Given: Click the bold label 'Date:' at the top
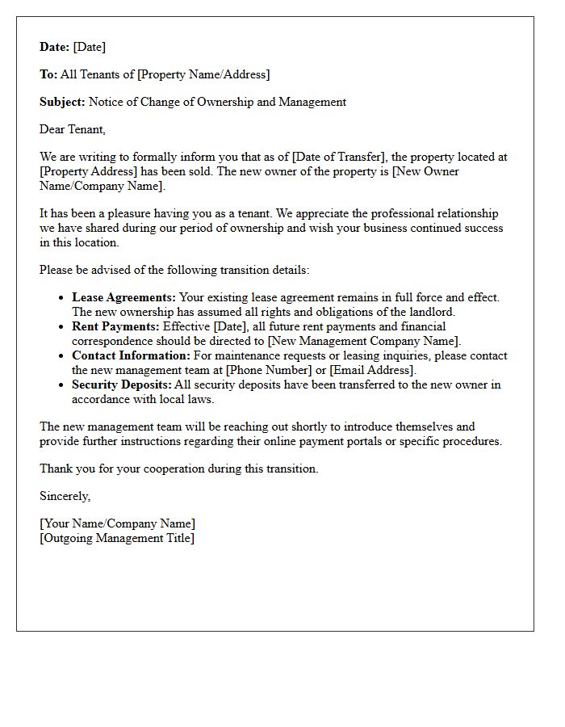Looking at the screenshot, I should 54,47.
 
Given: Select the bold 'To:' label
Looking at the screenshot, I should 48,74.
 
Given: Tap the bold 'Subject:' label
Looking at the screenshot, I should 62,102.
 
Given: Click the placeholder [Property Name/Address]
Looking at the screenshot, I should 203,74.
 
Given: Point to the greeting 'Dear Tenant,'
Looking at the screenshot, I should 73,129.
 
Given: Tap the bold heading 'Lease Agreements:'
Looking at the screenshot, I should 123,297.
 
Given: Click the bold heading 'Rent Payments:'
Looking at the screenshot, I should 115,326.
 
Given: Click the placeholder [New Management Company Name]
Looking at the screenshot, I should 365,341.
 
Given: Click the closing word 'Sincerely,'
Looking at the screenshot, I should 65,496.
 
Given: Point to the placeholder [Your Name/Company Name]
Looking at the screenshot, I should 117,523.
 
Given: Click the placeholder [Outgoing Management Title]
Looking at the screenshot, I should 117,538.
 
